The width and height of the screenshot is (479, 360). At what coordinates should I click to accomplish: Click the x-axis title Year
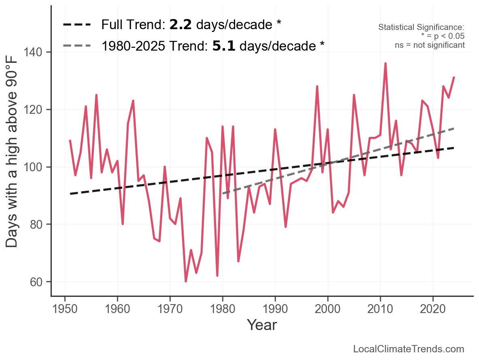tap(262, 325)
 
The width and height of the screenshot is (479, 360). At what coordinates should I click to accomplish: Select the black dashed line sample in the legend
tap(77, 25)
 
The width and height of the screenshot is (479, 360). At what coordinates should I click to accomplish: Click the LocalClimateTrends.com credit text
tap(409, 349)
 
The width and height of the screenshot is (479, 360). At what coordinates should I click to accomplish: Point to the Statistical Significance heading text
tap(421, 28)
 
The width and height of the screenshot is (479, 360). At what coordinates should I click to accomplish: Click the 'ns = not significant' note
tap(430, 45)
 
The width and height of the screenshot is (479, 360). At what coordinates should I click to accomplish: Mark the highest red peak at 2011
tap(386, 64)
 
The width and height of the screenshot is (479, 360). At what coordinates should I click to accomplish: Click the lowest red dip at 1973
tap(186, 281)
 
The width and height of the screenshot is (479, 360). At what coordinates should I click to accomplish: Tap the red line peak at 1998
tap(317, 86)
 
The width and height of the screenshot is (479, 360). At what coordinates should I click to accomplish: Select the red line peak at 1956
tap(96, 95)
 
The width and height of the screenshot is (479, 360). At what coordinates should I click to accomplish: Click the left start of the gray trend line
tap(223, 194)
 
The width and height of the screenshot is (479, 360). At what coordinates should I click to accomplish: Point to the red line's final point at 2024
tap(454, 77)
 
